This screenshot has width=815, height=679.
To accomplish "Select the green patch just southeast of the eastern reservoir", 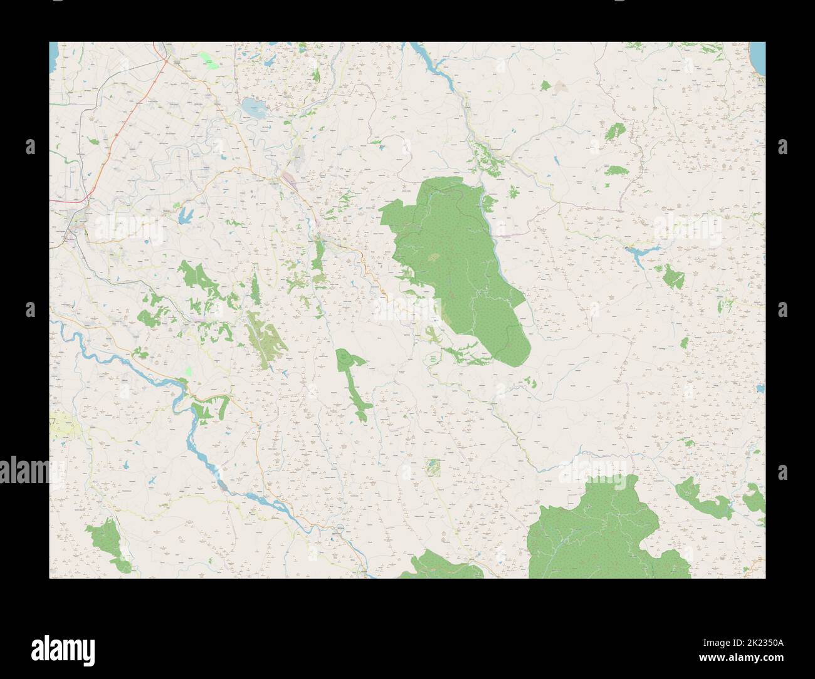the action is [x=672, y=275].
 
